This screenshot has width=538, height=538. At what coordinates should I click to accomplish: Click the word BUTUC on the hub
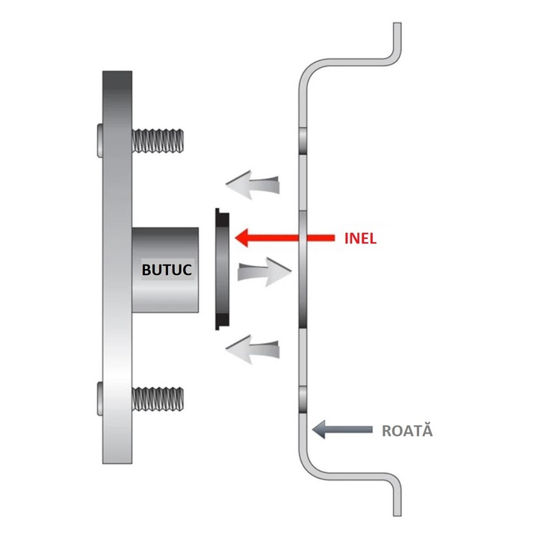click(167, 270)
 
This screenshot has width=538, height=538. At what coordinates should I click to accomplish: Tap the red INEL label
click(360, 238)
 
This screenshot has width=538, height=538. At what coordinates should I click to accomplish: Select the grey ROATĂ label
click(407, 430)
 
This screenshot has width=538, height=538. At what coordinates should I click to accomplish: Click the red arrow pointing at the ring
click(285, 238)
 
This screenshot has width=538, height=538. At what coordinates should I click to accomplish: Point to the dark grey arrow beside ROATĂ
click(342, 429)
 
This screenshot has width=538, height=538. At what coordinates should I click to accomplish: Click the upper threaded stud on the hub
click(158, 140)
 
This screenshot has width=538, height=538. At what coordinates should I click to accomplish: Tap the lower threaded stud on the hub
click(158, 399)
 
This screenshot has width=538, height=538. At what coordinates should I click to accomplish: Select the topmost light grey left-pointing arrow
click(253, 185)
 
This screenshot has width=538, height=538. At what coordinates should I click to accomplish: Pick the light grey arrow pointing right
click(265, 272)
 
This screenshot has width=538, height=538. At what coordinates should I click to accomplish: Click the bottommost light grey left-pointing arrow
click(253, 350)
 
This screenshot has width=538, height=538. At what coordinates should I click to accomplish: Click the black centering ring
click(222, 269)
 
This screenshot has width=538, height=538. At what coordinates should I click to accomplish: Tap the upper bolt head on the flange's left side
click(100, 140)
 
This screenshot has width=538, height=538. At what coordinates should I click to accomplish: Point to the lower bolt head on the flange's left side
click(100, 398)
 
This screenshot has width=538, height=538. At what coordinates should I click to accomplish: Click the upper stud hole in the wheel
click(303, 141)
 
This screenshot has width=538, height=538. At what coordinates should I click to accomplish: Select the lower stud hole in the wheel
click(303, 399)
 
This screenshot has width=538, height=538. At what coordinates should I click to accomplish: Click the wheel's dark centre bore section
click(303, 270)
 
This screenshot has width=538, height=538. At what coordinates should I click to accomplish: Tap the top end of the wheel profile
click(397, 23)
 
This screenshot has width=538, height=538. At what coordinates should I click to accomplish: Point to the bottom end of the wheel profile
click(397, 516)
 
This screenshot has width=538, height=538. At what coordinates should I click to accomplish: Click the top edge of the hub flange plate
click(117, 72)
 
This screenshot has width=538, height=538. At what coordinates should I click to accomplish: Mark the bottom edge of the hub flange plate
click(117, 463)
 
